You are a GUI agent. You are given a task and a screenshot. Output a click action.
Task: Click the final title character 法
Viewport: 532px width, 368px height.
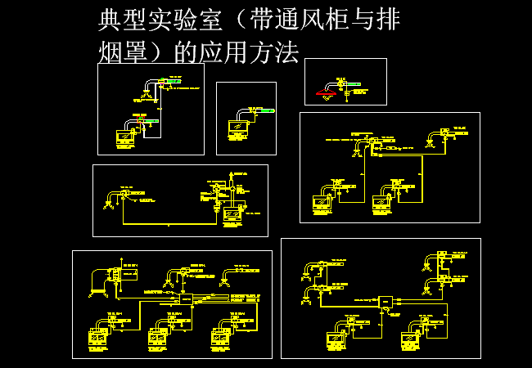286,52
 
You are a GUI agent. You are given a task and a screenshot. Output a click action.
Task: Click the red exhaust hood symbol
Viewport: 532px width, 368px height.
326,93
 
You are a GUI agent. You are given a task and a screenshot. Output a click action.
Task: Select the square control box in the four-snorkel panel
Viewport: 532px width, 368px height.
383,303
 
